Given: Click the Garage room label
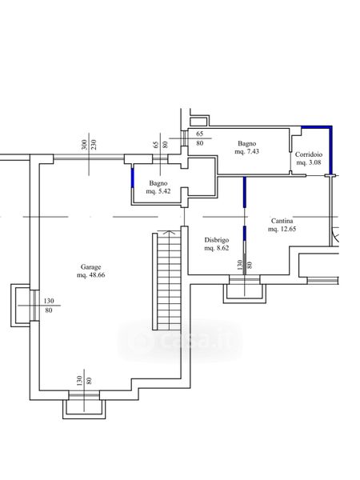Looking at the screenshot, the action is coord(90,267).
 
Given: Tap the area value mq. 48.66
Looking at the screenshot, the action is coord(91,275).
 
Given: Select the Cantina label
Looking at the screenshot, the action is coord(282,221).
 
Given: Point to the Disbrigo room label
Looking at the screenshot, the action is coord(217,240).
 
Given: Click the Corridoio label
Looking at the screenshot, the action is coord(309,154).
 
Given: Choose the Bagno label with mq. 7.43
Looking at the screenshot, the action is coord(246,143).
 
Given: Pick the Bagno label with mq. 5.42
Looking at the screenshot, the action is coord(158,183).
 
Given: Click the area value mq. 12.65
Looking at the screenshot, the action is coord(282,229).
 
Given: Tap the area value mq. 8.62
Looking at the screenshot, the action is coord(217,248).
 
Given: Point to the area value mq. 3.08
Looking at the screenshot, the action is coord(309,162).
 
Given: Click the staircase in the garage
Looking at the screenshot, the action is coord(167,280).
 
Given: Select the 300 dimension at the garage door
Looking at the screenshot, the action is coord(84,145).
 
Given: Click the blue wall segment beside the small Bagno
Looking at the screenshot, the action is coord(133,178).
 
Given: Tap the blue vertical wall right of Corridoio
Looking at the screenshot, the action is coord(330,150).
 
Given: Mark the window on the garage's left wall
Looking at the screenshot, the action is coord(34,306).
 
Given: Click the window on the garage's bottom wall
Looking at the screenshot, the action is coord(84,395).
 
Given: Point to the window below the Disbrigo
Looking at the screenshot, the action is coord(245,279).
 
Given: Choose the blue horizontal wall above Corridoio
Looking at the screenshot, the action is coord(317,127).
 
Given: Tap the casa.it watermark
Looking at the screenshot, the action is coord(181,340).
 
